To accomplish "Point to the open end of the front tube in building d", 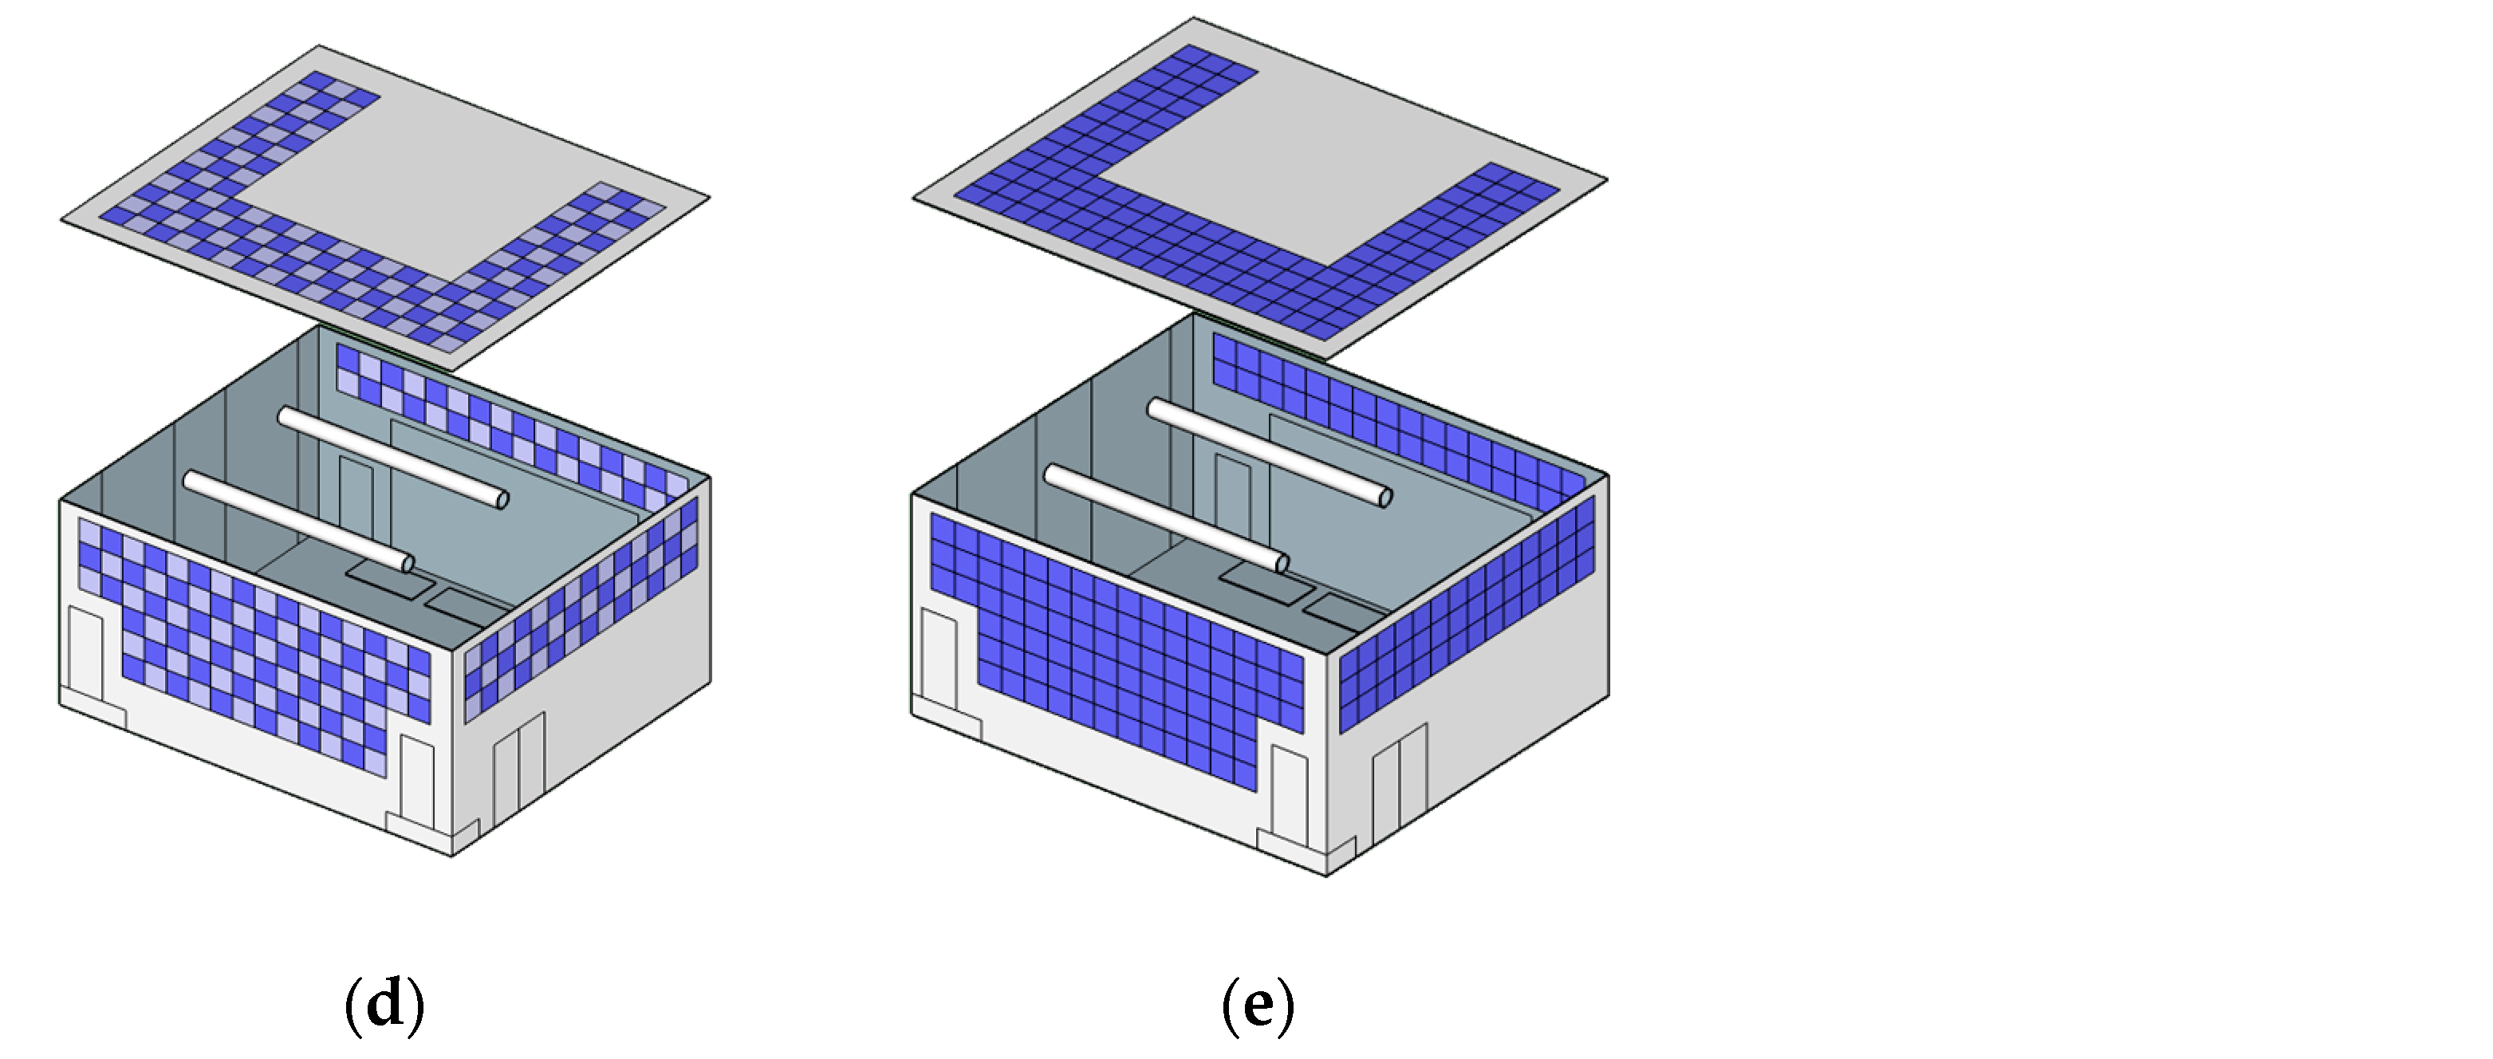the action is pyautogui.click(x=408, y=563).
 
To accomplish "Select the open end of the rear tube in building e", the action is pyautogui.click(x=1385, y=498).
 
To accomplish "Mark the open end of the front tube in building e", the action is pyautogui.click(x=1282, y=563).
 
